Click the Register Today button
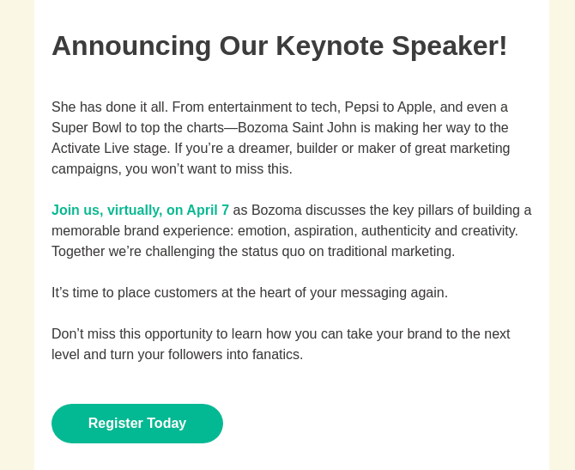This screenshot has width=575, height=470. point(137,424)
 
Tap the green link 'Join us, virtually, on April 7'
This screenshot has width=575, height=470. point(140,211)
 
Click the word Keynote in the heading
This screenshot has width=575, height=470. point(330,46)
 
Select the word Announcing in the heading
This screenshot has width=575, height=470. point(131,46)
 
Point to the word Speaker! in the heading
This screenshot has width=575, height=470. point(450,46)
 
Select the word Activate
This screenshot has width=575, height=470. point(76,149)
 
